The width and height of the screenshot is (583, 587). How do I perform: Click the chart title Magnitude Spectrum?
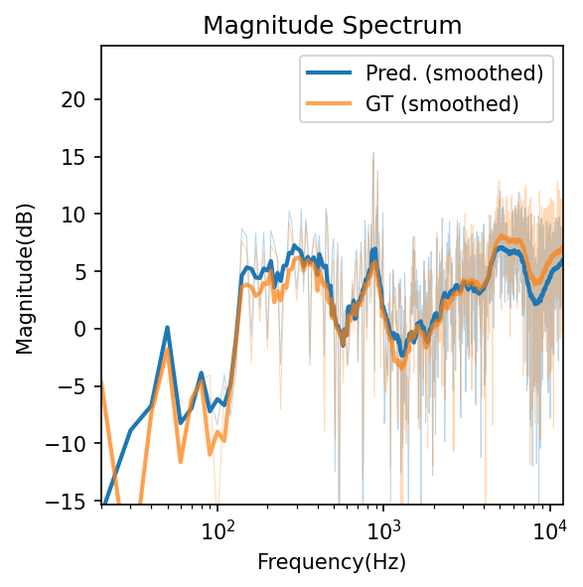pos(332,26)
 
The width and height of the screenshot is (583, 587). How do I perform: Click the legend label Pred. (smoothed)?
pos(454,73)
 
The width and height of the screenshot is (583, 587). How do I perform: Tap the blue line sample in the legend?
pos(332,73)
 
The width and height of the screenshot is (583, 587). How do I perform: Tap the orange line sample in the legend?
pos(332,102)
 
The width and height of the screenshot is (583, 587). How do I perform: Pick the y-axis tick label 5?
pos(84,271)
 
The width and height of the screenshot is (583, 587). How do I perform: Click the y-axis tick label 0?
pos(84,329)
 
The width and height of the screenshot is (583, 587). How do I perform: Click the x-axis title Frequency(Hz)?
pos(332,562)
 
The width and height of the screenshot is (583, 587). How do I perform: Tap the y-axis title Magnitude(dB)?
pos(24,273)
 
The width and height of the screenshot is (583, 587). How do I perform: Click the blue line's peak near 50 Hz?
pos(168,327)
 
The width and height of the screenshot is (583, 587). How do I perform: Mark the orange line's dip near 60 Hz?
pos(180,461)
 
